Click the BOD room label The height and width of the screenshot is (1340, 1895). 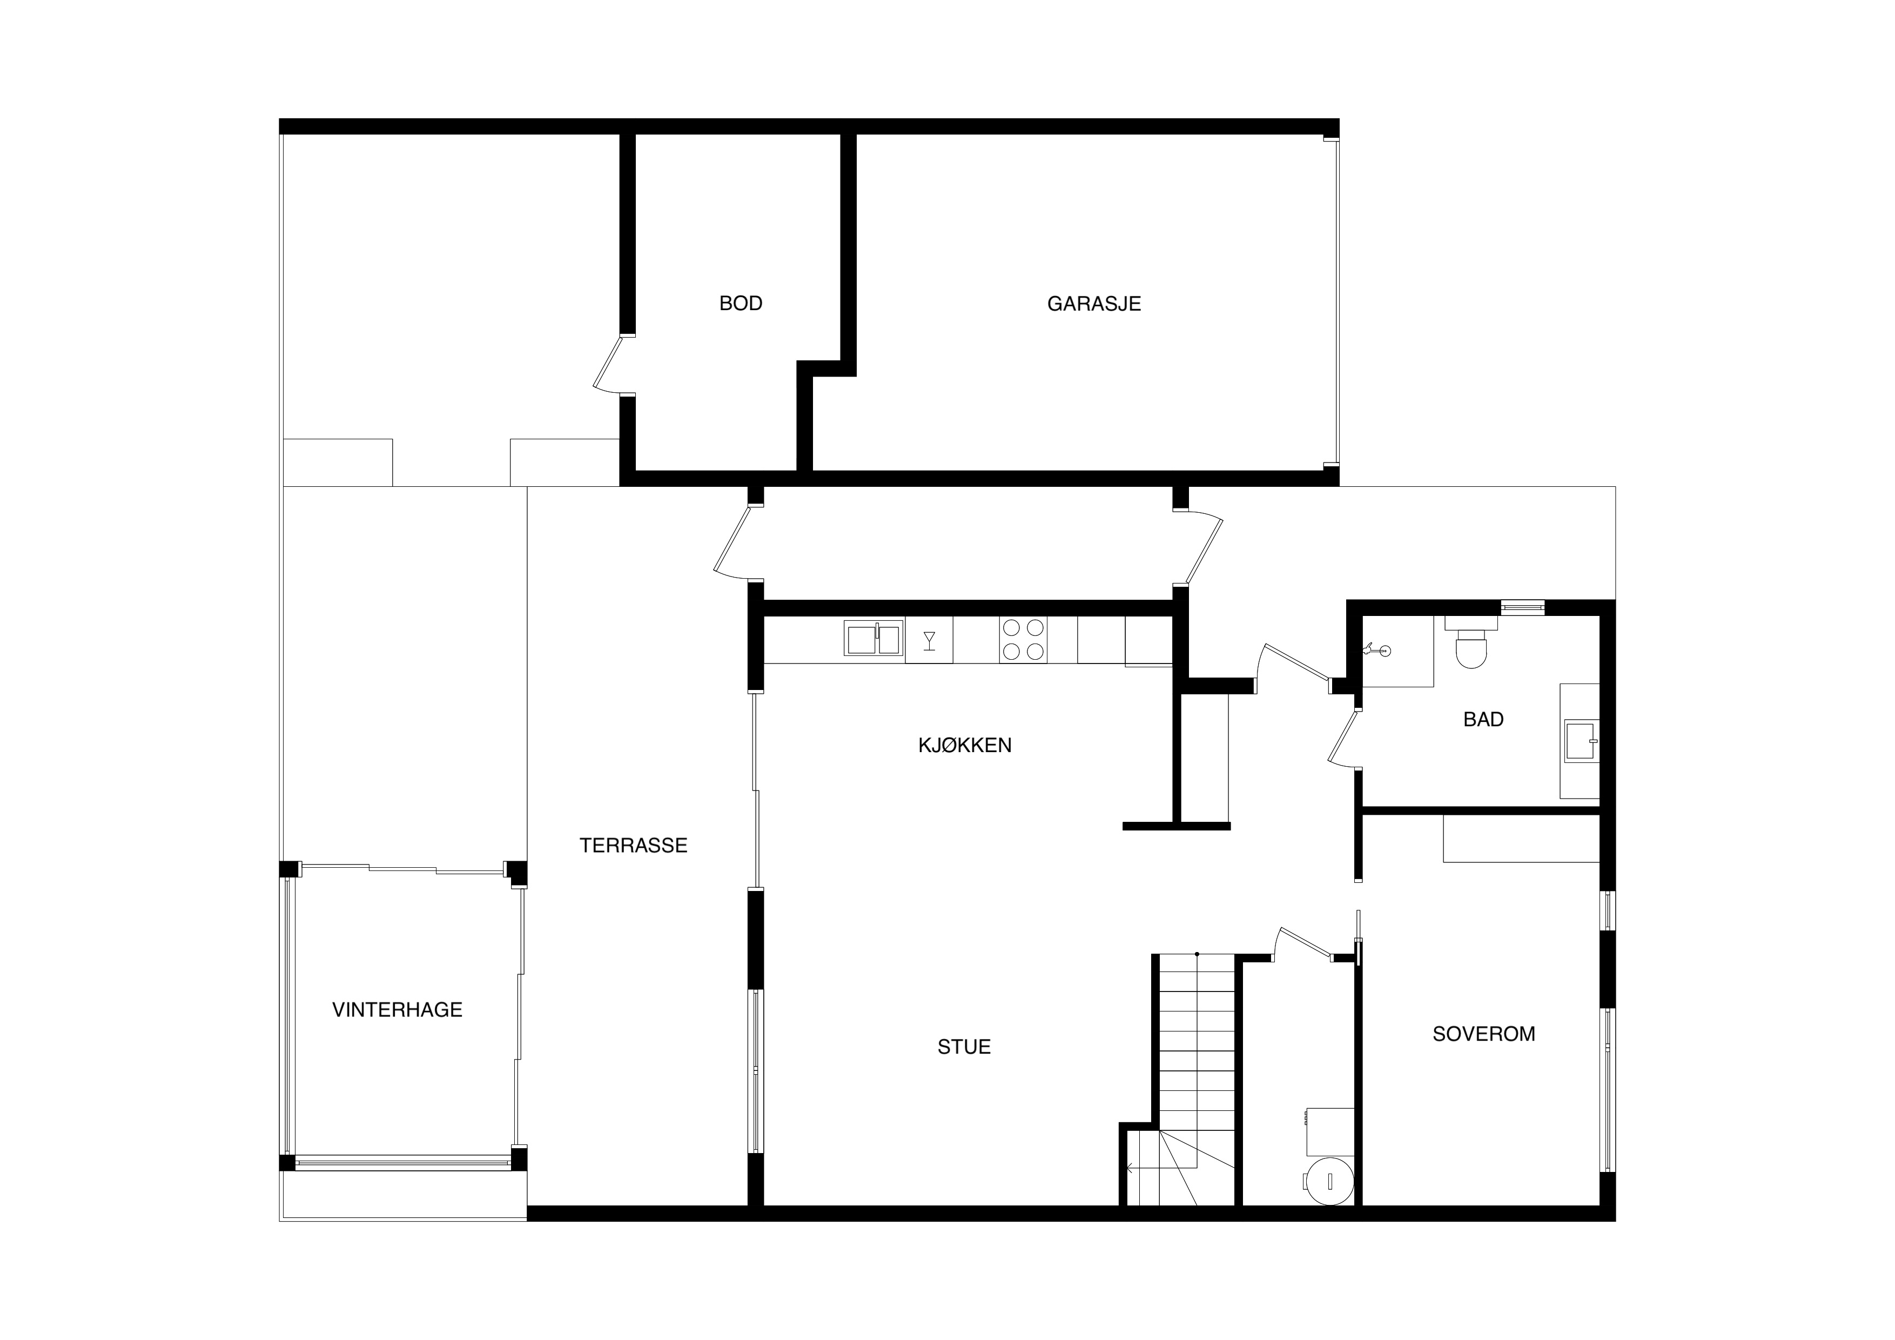pos(741,304)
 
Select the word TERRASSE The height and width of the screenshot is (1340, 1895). pos(633,846)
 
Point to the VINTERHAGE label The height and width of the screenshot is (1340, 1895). pos(397,1010)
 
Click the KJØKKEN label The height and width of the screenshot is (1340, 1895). pos(965,746)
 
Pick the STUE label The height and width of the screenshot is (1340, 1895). pos(964,1047)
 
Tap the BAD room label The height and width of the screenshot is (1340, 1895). pos(1483,719)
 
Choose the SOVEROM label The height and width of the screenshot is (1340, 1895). pos(1483,1034)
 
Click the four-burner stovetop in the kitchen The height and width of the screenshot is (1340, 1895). pos(1024,640)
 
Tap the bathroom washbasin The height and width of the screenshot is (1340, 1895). pos(1581,741)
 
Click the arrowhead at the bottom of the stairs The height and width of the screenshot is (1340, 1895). pos(1129,1168)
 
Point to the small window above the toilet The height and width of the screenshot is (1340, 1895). pos(1522,608)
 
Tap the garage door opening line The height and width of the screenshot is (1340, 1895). pos(1337,303)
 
